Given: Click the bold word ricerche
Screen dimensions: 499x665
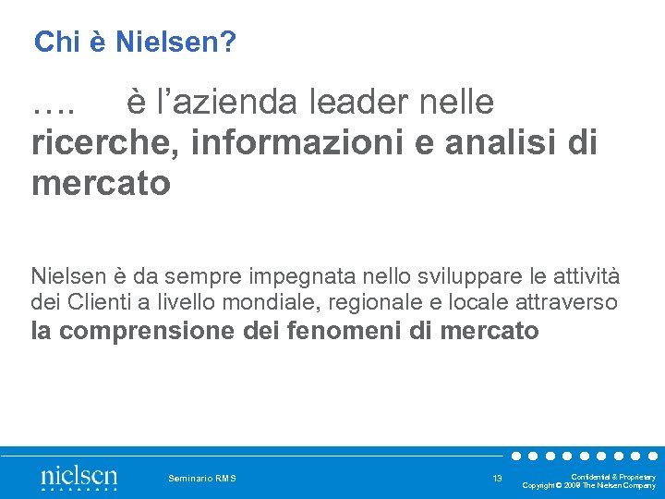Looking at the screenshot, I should [x=91, y=143].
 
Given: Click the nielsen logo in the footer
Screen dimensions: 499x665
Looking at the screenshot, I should [x=79, y=478].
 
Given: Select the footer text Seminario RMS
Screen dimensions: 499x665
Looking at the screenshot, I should [x=202, y=478].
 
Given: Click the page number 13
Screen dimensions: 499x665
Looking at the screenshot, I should [x=497, y=478].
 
